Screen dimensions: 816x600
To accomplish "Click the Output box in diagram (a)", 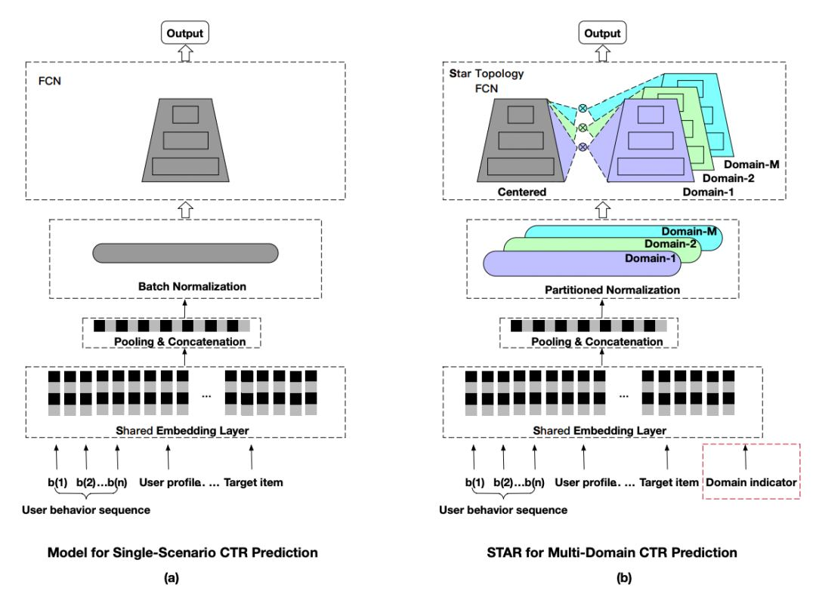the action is [185, 32].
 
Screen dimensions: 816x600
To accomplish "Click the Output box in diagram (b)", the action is [602, 32].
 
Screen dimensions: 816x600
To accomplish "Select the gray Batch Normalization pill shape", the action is [185, 253].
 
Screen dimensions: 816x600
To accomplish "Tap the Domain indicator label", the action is [750, 482].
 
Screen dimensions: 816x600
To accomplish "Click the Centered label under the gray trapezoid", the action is [522, 192].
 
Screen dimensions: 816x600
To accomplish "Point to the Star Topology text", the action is [487, 74].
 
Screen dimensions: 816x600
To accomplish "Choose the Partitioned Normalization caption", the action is [612, 290].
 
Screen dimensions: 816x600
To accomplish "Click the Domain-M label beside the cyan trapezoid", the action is [752, 165].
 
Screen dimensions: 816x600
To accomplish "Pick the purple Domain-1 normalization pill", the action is [582, 263].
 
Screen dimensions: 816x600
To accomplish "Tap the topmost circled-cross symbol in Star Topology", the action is [583, 108].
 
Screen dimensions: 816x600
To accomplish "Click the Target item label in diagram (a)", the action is [253, 482].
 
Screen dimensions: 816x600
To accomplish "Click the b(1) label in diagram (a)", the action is [57, 482].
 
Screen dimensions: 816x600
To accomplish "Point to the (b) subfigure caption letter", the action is [623, 577].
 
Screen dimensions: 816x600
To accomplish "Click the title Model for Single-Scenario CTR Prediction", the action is [183, 552].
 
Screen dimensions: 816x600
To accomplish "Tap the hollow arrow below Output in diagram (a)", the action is [186, 53].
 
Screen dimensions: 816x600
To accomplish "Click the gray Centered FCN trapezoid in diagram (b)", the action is [521, 140].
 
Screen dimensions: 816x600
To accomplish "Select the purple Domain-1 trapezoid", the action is [651, 141].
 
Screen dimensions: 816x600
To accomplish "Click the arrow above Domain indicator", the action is [745, 457].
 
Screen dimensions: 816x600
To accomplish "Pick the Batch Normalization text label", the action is [192, 287].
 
